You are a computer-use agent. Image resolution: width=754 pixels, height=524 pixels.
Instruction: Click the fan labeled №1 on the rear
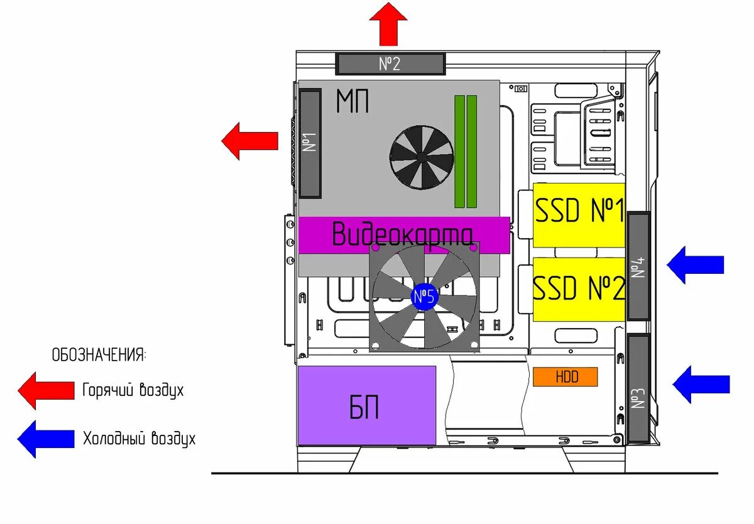(x=311, y=144)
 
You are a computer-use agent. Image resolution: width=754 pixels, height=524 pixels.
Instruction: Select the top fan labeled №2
(x=390, y=63)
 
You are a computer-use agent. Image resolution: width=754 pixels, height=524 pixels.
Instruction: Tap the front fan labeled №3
(x=638, y=389)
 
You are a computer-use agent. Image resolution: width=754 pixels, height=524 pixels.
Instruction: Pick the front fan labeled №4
(x=638, y=266)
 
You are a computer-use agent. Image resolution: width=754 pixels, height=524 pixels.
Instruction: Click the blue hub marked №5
(x=424, y=297)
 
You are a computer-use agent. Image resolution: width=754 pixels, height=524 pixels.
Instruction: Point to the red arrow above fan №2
(x=388, y=24)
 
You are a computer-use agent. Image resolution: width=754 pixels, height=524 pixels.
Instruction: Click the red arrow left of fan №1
(x=249, y=141)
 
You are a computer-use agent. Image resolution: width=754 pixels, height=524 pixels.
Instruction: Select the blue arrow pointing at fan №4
(x=695, y=265)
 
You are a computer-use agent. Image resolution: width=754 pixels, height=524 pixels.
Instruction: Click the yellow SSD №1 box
(x=579, y=214)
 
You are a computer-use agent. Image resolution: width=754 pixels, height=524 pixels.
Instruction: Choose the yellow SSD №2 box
(x=579, y=289)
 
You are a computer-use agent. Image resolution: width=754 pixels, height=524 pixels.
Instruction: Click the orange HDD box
(x=565, y=377)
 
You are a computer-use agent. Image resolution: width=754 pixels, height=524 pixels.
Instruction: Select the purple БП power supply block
(x=367, y=406)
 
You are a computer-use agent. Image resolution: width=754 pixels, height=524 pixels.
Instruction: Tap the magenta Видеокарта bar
(x=403, y=235)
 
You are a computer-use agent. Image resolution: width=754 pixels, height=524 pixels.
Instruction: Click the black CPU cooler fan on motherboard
(x=421, y=157)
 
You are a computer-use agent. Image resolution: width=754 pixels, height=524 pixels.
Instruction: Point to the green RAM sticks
(x=466, y=151)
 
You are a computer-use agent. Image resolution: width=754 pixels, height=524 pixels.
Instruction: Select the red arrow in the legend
(x=46, y=390)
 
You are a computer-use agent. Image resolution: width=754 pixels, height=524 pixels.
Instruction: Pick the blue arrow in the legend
(x=46, y=439)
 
